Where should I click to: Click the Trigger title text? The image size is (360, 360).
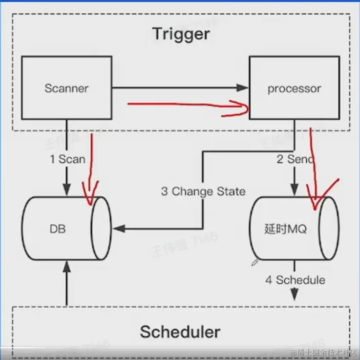click(x=181, y=34)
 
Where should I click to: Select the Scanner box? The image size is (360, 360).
click(x=66, y=88)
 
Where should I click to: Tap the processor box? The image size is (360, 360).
click(x=294, y=88)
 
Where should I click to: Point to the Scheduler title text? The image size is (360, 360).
click(x=180, y=332)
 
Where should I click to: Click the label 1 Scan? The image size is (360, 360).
click(x=67, y=159)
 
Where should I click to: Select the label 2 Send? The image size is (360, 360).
click(x=295, y=159)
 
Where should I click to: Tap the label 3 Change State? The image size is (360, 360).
click(x=203, y=191)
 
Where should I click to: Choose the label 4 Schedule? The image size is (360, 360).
click(x=295, y=280)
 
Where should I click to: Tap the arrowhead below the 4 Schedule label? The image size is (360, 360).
click(x=295, y=296)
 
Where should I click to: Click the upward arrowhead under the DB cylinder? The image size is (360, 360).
click(x=66, y=266)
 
